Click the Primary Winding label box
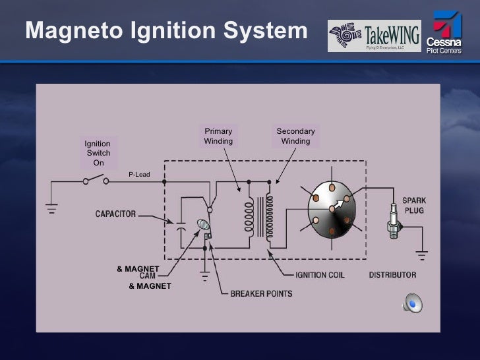(218, 136)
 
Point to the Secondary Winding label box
(295, 136)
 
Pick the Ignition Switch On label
(98, 153)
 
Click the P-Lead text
(139, 175)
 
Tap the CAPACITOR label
(115, 214)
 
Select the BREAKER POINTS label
(261, 293)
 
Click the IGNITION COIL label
(320, 274)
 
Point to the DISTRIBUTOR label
(392, 274)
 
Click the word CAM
(148, 277)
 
